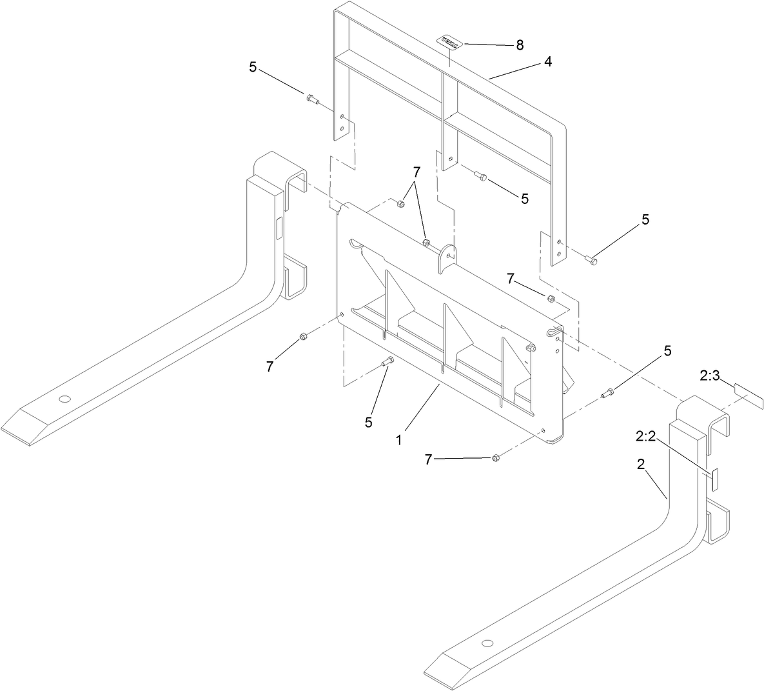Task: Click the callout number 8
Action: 519,45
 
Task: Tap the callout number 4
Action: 547,62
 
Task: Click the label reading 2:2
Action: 646,437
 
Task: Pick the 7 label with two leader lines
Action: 416,172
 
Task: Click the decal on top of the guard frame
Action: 450,42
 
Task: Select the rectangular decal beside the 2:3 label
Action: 747,394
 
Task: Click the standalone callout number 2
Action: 642,464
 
